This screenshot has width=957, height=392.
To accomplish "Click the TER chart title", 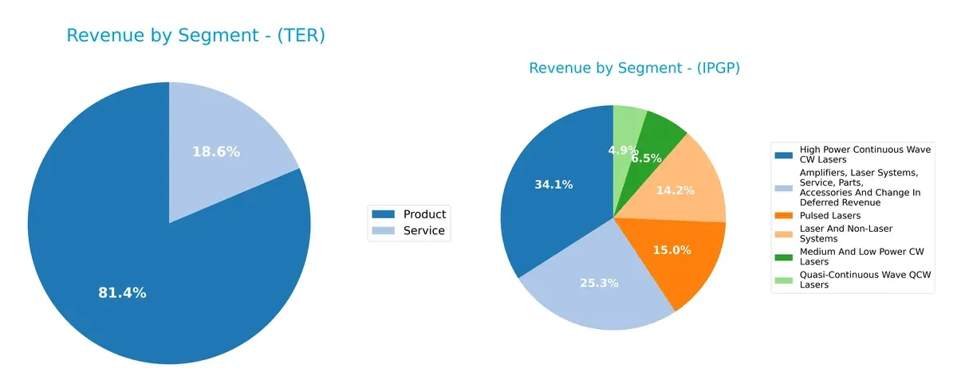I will tap(195, 36).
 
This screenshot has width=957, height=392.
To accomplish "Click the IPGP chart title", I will tap(634, 69).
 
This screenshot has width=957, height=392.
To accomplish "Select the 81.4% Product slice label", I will tap(122, 293).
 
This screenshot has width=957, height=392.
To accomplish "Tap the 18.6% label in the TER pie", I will tap(215, 151).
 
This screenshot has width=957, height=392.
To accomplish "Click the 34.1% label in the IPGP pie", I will tap(553, 185).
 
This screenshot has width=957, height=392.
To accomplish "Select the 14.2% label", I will tap(674, 190).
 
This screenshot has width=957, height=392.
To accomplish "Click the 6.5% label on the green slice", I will tap(646, 158).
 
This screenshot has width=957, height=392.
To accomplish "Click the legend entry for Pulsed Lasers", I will tap(829, 216).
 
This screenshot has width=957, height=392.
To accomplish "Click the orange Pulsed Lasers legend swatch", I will tap(785, 216).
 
